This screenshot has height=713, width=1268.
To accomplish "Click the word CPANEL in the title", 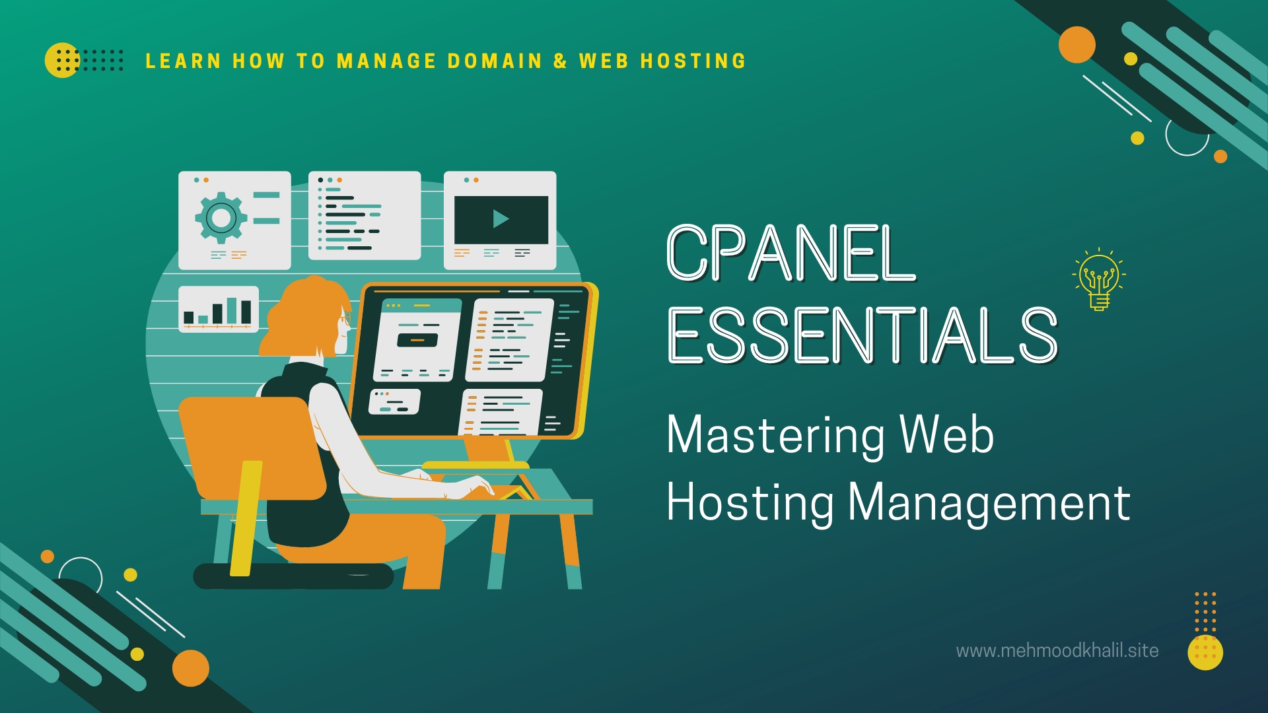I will (790, 252).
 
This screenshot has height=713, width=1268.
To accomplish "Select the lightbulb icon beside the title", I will (1099, 280).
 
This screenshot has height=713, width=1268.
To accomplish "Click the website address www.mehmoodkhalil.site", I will (1057, 651).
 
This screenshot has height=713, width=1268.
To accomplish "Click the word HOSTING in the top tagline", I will (693, 61).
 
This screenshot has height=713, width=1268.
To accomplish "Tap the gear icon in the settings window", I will (221, 217).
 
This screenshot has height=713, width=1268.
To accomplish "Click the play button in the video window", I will (501, 219).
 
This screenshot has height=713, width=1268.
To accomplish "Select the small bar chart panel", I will (218, 309).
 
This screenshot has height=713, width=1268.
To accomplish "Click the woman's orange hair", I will (305, 317).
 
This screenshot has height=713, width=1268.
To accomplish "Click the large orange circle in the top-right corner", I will (1076, 45).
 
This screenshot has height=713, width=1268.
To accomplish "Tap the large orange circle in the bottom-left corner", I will (191, 667).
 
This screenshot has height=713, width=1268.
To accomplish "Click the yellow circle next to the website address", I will (1205, 652).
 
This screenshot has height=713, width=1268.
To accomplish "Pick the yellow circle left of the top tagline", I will (61, 60).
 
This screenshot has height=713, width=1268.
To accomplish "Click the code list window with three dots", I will (364, 215).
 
